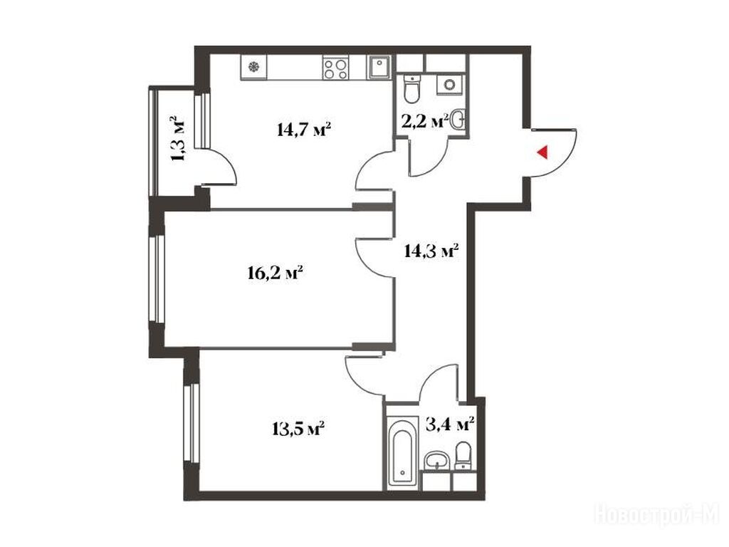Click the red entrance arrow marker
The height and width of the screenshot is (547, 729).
pos(542,152)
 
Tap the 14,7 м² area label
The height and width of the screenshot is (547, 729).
pos(303,129)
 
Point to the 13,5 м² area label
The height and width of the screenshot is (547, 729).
pos(298,428)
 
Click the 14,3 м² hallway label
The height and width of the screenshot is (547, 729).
pos(432,251)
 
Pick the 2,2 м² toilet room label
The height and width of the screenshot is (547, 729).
pos(424,121)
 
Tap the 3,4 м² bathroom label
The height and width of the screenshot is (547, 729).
pos(450,424)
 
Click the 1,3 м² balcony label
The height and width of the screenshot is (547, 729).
pos(178,138)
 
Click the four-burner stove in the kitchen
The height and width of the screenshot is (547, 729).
pos(335,68)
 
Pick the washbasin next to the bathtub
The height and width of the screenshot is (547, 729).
pos(436,459)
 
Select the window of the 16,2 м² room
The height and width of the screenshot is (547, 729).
pos(158,278)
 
